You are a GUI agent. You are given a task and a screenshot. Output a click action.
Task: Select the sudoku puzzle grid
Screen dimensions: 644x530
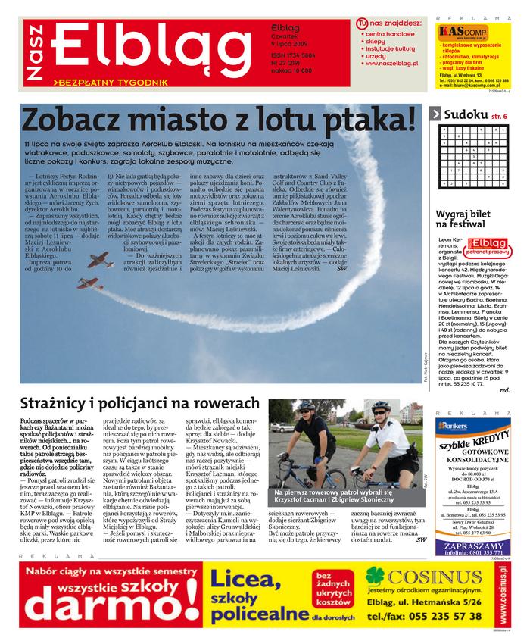tap(472, 160)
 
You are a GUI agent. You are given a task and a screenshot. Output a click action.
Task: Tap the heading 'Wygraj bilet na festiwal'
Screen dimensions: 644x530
tap(469, 220)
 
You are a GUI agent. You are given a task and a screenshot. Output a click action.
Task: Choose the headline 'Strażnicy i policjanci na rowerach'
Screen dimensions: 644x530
tap(139, 403)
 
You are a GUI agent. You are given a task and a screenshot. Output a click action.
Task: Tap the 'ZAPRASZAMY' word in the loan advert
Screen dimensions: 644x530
tap(472, 543)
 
